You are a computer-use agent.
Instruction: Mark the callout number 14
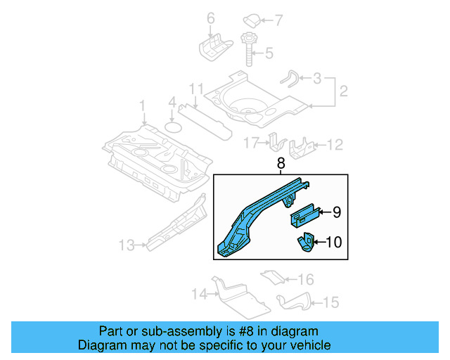[x=200, y=293]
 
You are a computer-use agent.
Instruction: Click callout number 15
[x=331, y=302]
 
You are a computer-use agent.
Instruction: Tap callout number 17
[x=252, y=143]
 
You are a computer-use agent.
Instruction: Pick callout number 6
[x=210, y=18]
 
